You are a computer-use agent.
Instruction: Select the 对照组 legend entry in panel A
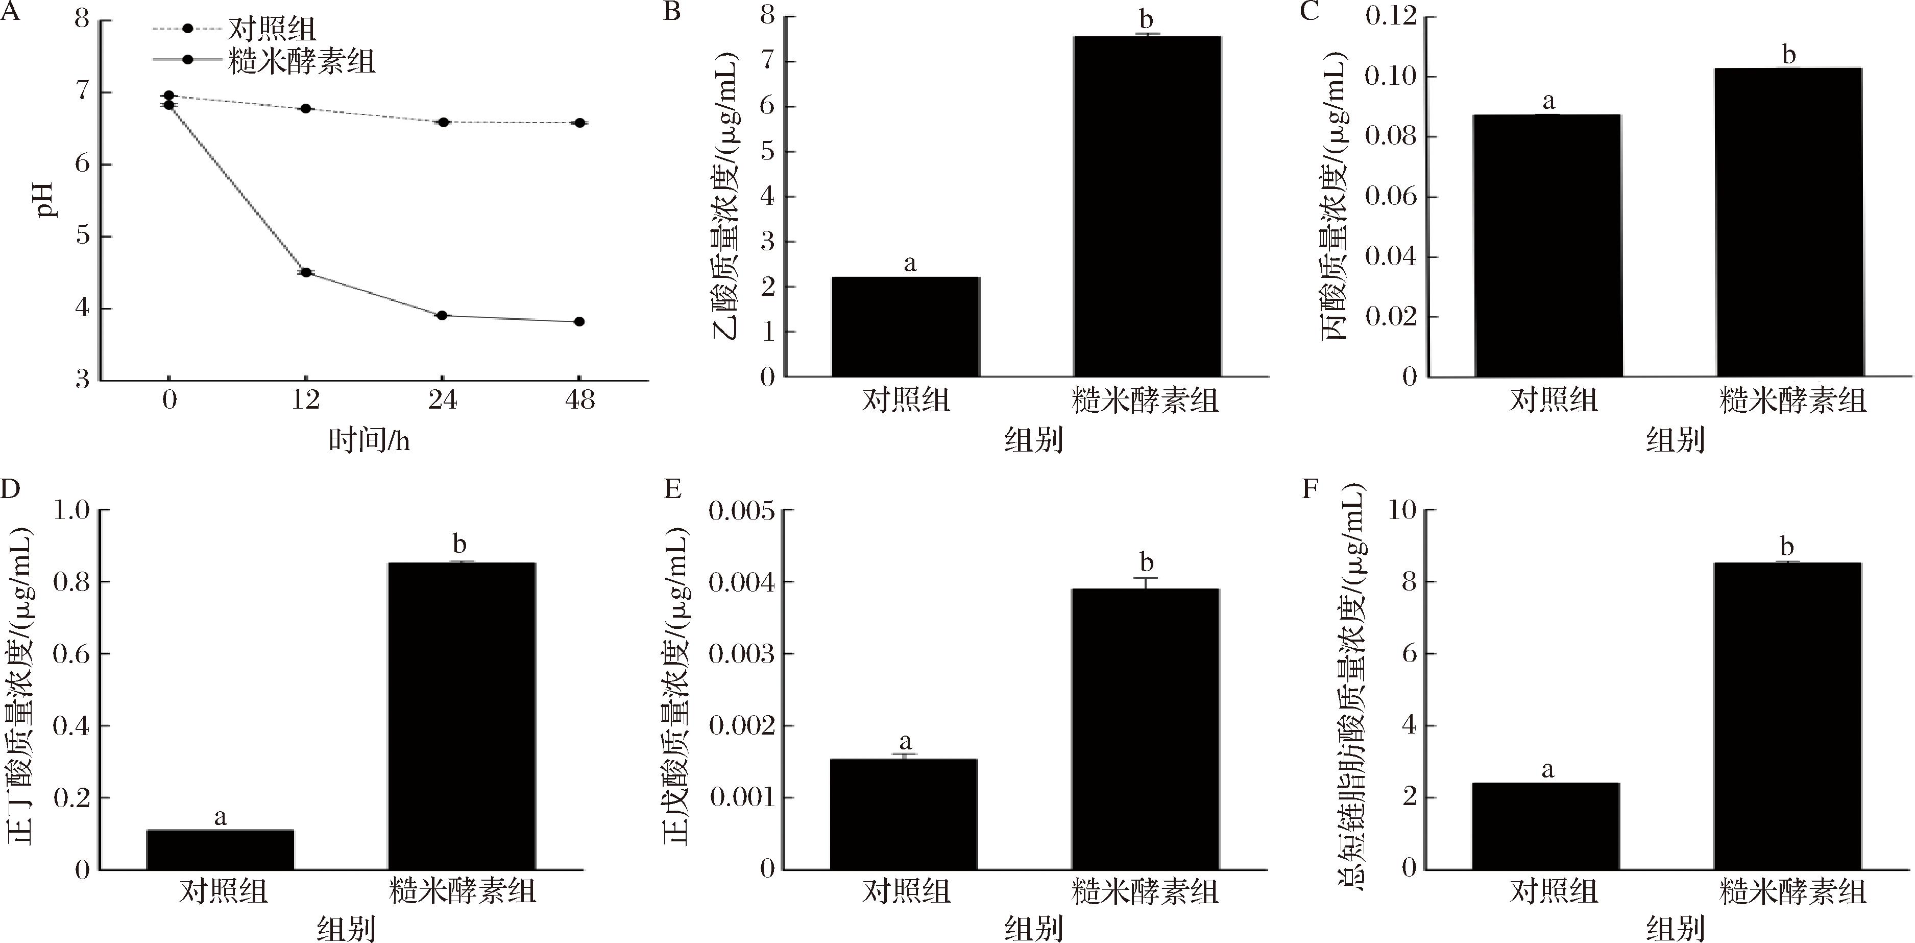[x=271, y=29]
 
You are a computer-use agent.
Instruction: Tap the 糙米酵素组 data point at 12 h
[x=305, y=272]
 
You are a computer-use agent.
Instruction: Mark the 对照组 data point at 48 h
[x=579, y=123]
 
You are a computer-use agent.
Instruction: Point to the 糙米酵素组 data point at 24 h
[x=442, y=315]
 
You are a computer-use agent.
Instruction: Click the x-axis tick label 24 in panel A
[x=442, y=402]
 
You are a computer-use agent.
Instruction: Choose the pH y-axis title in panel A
[x=46, y=199]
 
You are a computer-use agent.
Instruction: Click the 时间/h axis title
[x=370, y=441]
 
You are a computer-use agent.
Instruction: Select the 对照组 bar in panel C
[x=1547, y=245]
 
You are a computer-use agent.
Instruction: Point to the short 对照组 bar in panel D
[x=220, y=850]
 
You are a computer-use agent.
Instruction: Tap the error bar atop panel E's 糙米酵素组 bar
[x=1146, y=582]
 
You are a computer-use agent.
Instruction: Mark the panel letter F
[x=1311, y=488]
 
